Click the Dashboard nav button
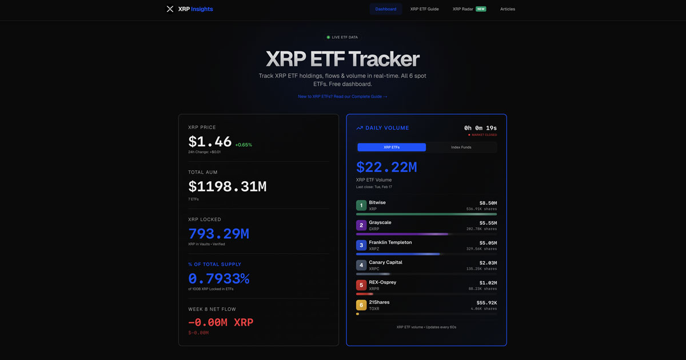[386, 9]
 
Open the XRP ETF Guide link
[424, 9]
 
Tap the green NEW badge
[481, 9]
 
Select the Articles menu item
[508, 9]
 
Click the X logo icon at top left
[170, 9]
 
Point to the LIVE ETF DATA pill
[342, 37]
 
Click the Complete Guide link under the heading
[342, 97]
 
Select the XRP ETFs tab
[392, 147]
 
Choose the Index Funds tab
[461, 147]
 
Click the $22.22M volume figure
[386, 167]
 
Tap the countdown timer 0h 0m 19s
[480, 128]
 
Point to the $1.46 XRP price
[210, 142]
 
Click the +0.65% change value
[243, 145]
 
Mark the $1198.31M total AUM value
[227, 186]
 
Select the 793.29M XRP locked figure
[218, 233]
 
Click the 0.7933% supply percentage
[218, 279]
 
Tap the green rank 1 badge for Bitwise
[361, 206]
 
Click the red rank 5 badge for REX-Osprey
[361, 285]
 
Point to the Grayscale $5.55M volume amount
[488, 223]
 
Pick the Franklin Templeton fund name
[390, 242]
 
